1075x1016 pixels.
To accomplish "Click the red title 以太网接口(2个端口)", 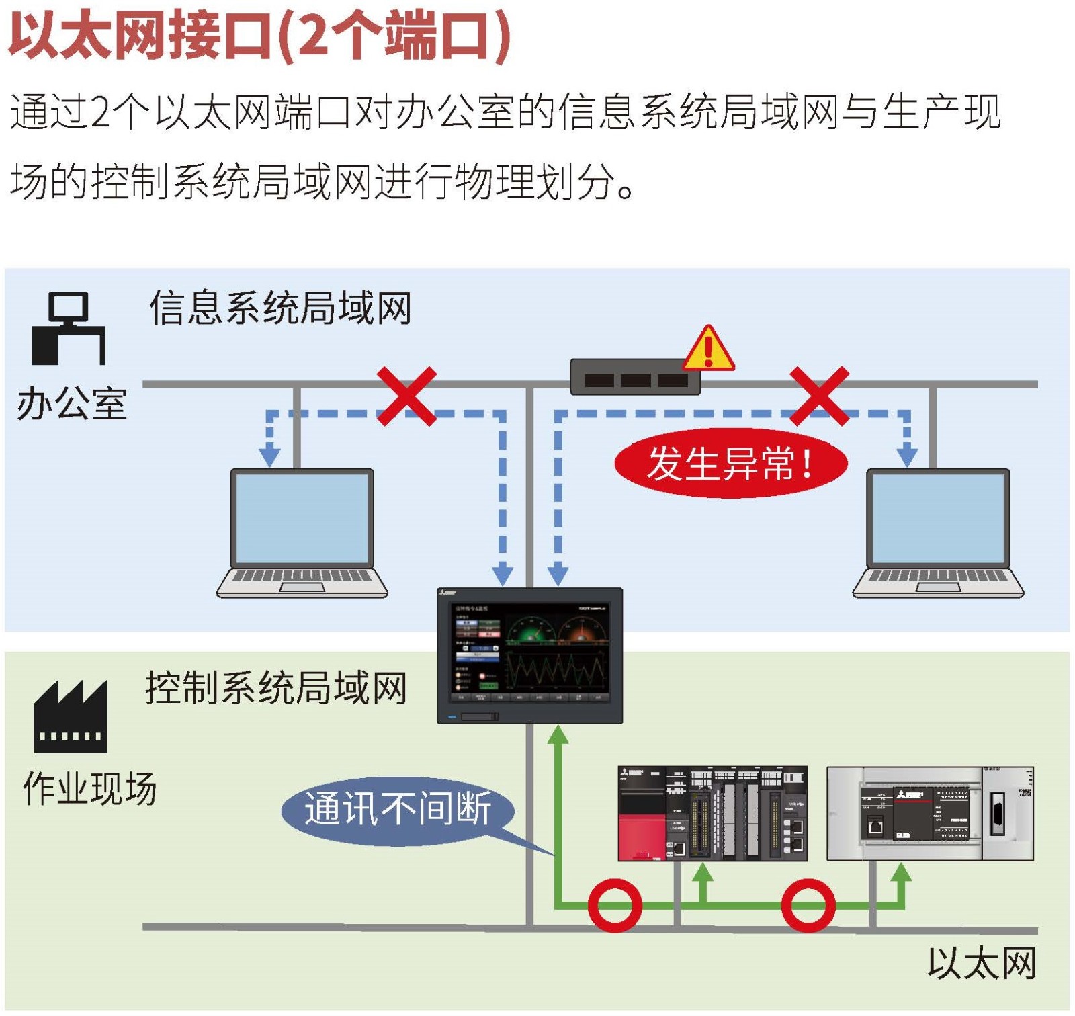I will (x=259, y=36).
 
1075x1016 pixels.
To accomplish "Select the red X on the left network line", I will (x=406, y=396).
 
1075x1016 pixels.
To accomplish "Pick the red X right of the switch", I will (x=819, y=396).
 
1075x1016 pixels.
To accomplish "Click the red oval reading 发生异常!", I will (x=730, y=463).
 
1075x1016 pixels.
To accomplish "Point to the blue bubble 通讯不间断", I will (x=398, y=808).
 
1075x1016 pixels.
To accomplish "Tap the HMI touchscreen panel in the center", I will (x=529, y=655).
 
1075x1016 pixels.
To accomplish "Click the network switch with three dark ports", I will (x=635, y=378).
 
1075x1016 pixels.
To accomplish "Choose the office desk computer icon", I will (x=69, y=329).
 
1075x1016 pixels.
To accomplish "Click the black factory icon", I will (x=70, y=716).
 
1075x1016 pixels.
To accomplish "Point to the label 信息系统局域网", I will (x=280, y=308).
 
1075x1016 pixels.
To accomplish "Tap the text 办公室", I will (x=72, y=404).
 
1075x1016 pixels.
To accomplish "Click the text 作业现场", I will (x=89, y=788).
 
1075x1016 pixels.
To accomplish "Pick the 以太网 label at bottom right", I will (x=982, y=964).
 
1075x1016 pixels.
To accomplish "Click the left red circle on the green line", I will (x=614, y=905).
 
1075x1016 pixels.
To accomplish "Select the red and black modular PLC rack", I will (x=712, y=813).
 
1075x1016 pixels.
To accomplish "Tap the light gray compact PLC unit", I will (x=930, y=813).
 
